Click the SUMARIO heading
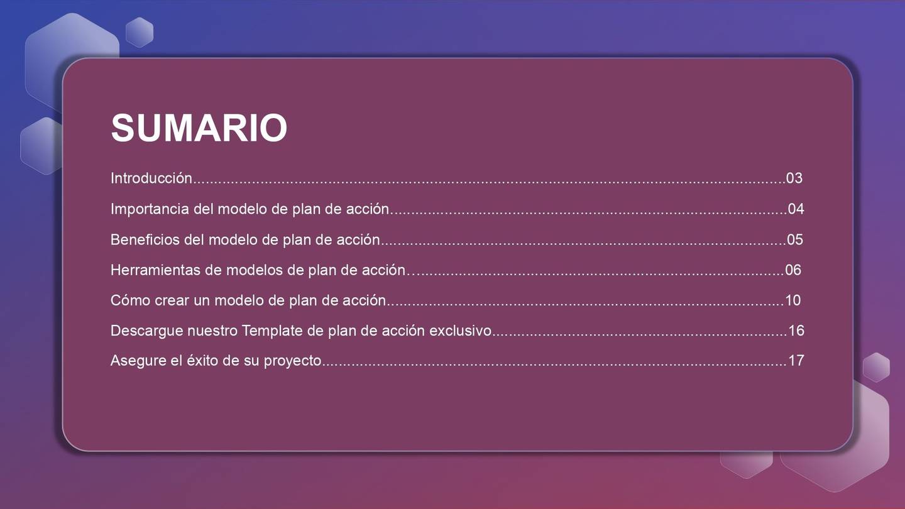tap(199, 128)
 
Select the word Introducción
tap(151, 178)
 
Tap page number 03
tap(794, 178)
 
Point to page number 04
tap(796, 209)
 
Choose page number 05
tap(795, 240)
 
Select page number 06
tap(793, 270)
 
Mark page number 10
tap(793, 300)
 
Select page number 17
tap(796, 361)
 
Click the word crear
tap(170, 300)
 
